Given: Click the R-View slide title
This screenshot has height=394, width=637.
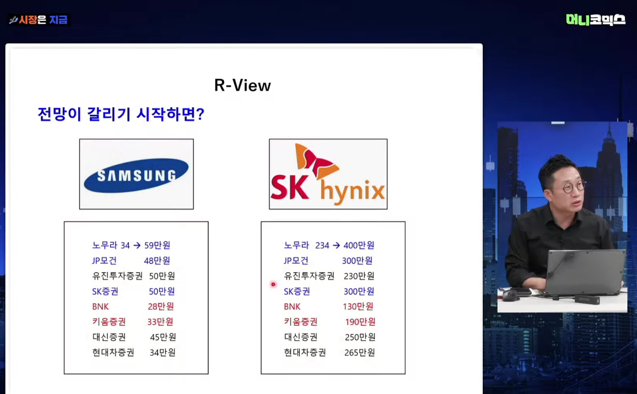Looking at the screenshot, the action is [242, 85].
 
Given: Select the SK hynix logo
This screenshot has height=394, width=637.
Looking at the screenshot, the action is [328, 174].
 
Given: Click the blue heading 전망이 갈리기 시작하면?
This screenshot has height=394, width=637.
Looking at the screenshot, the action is [121, 114].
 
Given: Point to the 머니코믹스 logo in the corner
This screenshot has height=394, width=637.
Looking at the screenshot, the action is [595, 20].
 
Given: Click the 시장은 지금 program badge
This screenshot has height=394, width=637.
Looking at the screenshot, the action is [38, 20].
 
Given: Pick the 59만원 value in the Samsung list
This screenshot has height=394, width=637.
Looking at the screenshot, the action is [157, 245].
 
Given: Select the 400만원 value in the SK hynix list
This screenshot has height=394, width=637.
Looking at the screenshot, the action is [359, 245].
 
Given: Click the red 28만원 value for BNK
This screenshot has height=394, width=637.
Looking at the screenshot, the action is [160, 306].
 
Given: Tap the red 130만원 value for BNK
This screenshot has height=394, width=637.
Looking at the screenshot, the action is [358, 306].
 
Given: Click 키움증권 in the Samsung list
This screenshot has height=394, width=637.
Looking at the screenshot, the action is [109, 322].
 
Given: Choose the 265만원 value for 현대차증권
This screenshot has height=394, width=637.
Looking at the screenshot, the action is [359, 352].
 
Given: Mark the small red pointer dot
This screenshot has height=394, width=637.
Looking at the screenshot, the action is [273, 284].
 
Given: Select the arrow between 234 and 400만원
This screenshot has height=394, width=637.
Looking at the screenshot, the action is [336, 245].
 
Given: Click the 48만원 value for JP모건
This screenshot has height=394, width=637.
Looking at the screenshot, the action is [157, 260].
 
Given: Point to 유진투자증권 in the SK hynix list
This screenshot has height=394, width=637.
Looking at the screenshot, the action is [309, 276].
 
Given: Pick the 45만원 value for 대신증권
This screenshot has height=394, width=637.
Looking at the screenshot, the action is [163, 337].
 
